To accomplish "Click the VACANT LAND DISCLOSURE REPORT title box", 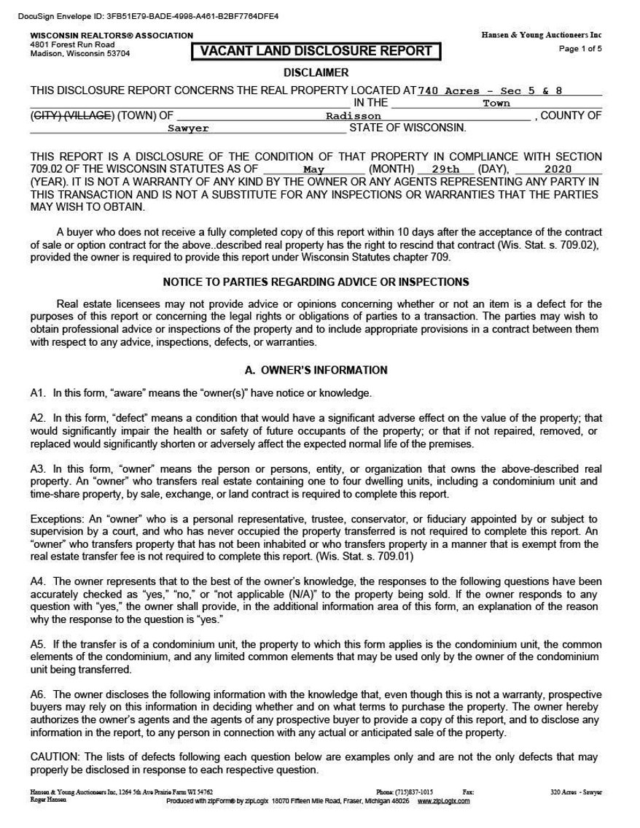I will [x=316, y=51].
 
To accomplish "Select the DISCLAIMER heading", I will [x=316, y=72].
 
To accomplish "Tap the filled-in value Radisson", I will [x=353, y=116].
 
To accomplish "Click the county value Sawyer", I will [x=188, y=128].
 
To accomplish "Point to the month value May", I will [x=319, y=169].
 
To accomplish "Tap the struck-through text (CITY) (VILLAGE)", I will [x=71, y=115].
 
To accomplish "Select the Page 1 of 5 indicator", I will [x=580, y=50].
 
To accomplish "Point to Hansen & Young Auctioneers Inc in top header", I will [x=542, y=35].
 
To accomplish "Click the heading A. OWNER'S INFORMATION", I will [x=315, y=370].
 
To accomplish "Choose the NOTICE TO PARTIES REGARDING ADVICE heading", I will [x=316, y=282].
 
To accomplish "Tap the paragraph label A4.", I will [x=38, y=581].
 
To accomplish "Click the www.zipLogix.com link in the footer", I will [x=444, y=800].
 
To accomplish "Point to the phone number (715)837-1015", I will [x=415, y=791].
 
